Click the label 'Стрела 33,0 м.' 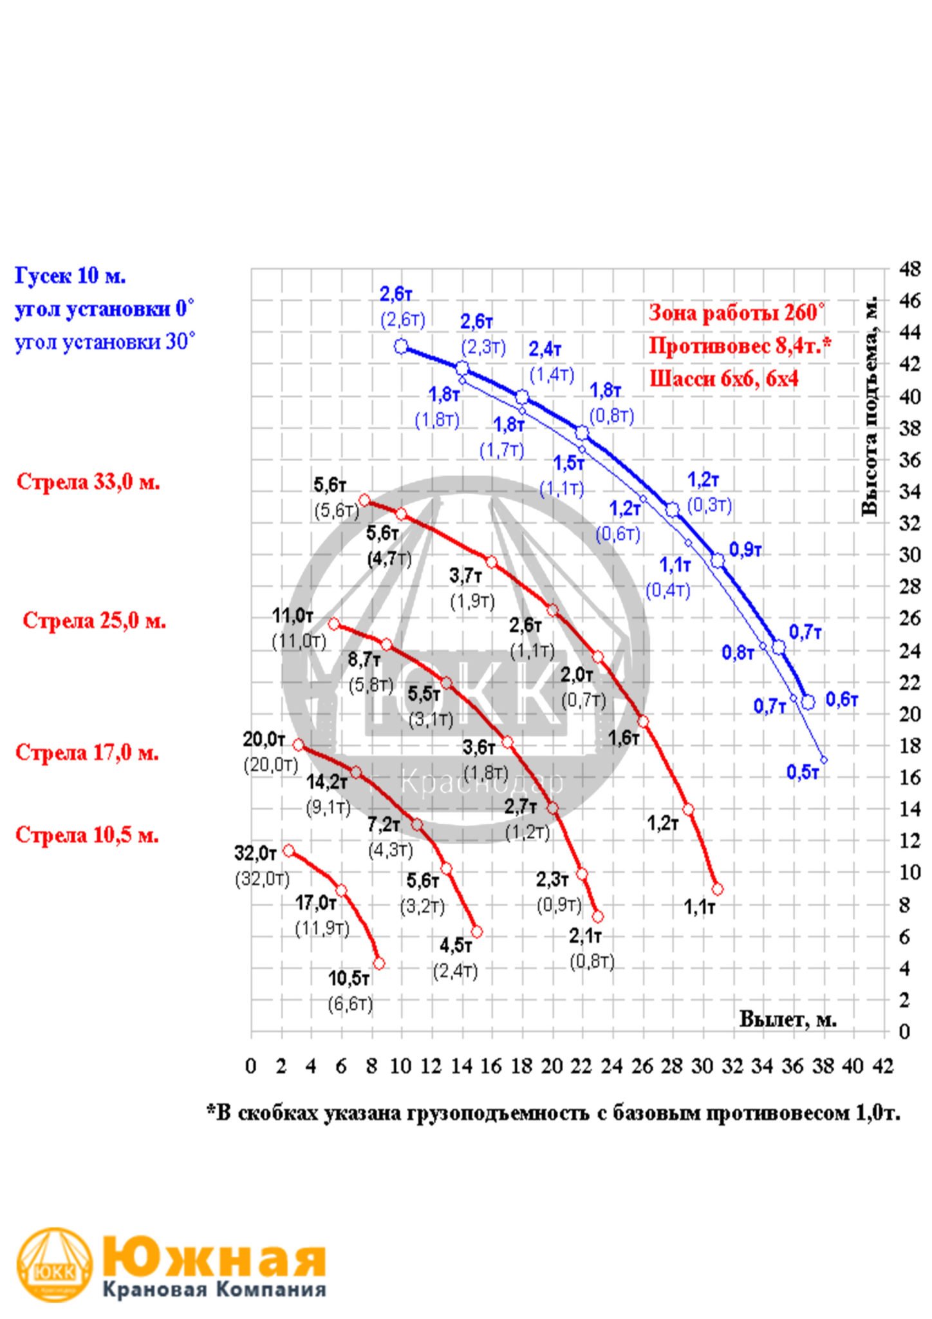coord(88,482)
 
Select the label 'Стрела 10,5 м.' coord(87,835)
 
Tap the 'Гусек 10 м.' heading coord(70,276)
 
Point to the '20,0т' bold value coord(264,740)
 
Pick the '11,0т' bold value coord(293,616)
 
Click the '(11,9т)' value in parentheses coord(322,929)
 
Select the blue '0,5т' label coord(803,772)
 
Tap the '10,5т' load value coord(349,979)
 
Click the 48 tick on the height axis coord(909,269)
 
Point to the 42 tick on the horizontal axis coord(883,1067)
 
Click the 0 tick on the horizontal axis coord(251,1067)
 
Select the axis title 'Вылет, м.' coord(788,1020)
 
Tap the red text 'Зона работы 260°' coord(736,313)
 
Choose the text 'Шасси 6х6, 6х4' coord(724,378)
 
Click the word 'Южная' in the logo coord(214,1255)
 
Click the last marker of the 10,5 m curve coord(378,963)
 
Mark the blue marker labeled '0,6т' coord(808,702)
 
